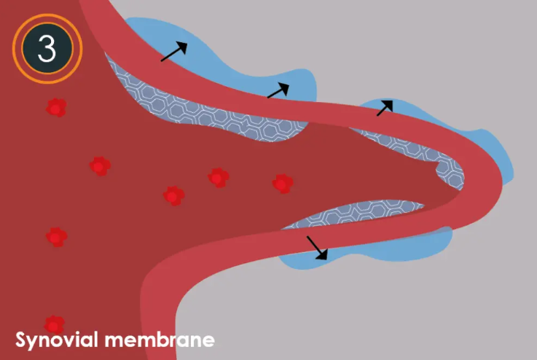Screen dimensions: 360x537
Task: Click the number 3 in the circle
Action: tap(47, 48)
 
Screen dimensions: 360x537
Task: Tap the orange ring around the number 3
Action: tap(47, 17)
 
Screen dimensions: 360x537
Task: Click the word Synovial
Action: tap(57, 340)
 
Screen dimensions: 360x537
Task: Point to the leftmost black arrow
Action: tap(173, 52)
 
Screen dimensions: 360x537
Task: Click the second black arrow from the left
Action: tap(278, 90)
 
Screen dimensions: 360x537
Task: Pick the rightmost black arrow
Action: tap(384, 108)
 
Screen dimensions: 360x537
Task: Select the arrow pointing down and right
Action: tap(317, 248)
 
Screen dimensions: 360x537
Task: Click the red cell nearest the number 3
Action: tap(56, 108)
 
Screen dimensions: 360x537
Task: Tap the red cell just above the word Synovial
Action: tap(54, 324)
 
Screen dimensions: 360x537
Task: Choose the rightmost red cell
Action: tap(283, 183)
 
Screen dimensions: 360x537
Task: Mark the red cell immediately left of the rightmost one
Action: tap(217, 177)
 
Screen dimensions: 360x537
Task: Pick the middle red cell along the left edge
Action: tap(56, 237)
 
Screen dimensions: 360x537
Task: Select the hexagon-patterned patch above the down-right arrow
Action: tap(350, 214)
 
